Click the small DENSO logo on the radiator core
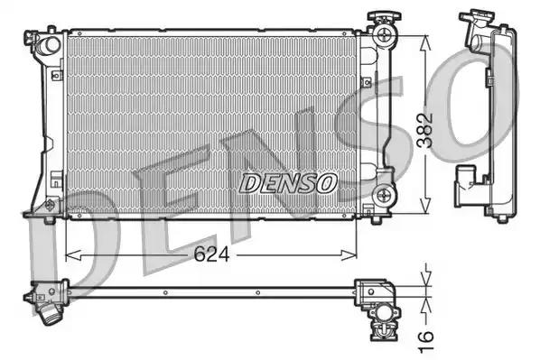click(288, 182)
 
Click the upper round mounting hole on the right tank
click(387, 36)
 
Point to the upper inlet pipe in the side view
click(471, 32)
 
